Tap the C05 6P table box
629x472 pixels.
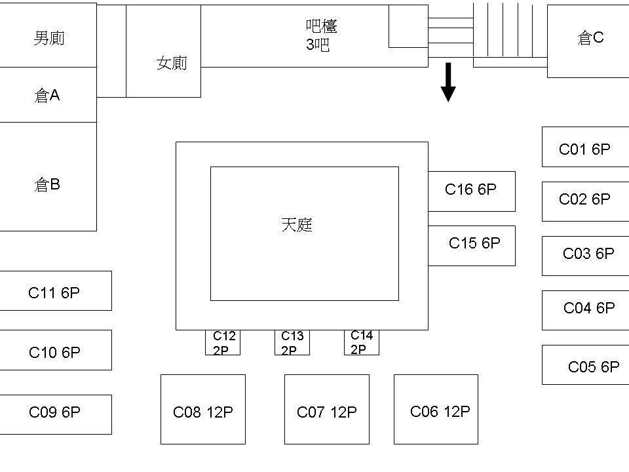point(585,365)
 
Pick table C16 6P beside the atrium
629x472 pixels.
point(471,191)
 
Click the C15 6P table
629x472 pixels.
point(472,245)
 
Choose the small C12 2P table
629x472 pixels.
point(223,343)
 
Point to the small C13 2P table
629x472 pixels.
point(292,343)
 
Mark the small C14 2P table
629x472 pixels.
point(361,342)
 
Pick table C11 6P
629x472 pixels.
point(54,291)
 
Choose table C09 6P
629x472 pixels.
point(54,414)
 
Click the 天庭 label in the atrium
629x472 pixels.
point(297,226)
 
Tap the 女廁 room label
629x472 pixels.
point(172,64)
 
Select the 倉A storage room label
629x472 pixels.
point(47,96)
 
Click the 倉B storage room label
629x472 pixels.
point(47,185)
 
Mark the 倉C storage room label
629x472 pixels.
point(590,39)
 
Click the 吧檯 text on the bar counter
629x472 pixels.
point(322,26)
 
